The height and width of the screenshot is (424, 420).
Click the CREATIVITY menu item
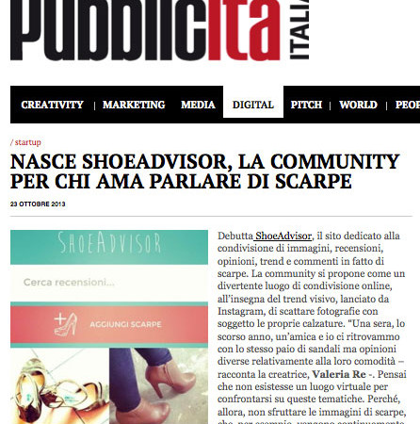[52, 105]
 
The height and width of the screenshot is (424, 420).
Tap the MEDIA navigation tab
[198, 105]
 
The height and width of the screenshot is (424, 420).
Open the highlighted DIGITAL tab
[252, 105]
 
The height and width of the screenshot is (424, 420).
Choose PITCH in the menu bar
[306, 105]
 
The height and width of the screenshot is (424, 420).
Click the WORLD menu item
[358, 105]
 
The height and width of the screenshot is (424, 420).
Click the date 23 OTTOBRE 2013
[39, 203]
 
